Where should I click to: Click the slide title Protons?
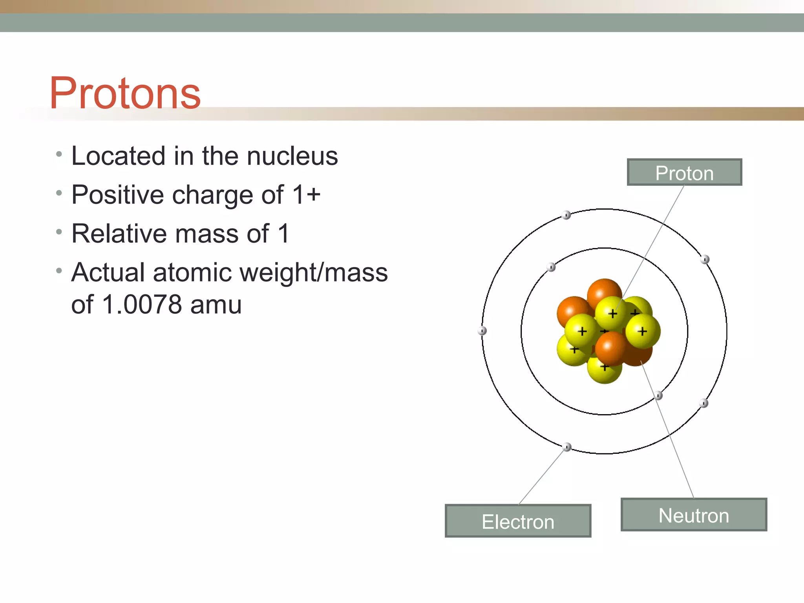click(x=125, y=93)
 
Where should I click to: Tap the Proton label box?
click(x=684, y=173)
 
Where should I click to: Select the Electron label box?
click(x=518, y=521)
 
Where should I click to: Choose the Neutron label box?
click(x=694, y=515)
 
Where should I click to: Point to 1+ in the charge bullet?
click(x=307, y=195)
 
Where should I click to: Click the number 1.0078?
click(x=142, y=305)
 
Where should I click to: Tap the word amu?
click(x=216, y=305)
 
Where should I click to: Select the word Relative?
click(x=120, y=234)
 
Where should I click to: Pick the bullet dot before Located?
click(x=59, y=154)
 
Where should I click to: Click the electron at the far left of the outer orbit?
click(x=482, y=331)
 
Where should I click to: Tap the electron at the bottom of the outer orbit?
click(x=567, y=447)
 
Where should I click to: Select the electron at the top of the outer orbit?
click(x=566, y=215)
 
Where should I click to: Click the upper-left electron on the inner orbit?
click(x=551, y=267)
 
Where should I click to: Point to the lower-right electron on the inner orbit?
click(x=658, y=396)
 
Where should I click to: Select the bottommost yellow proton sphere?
click(x=605, y=369)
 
